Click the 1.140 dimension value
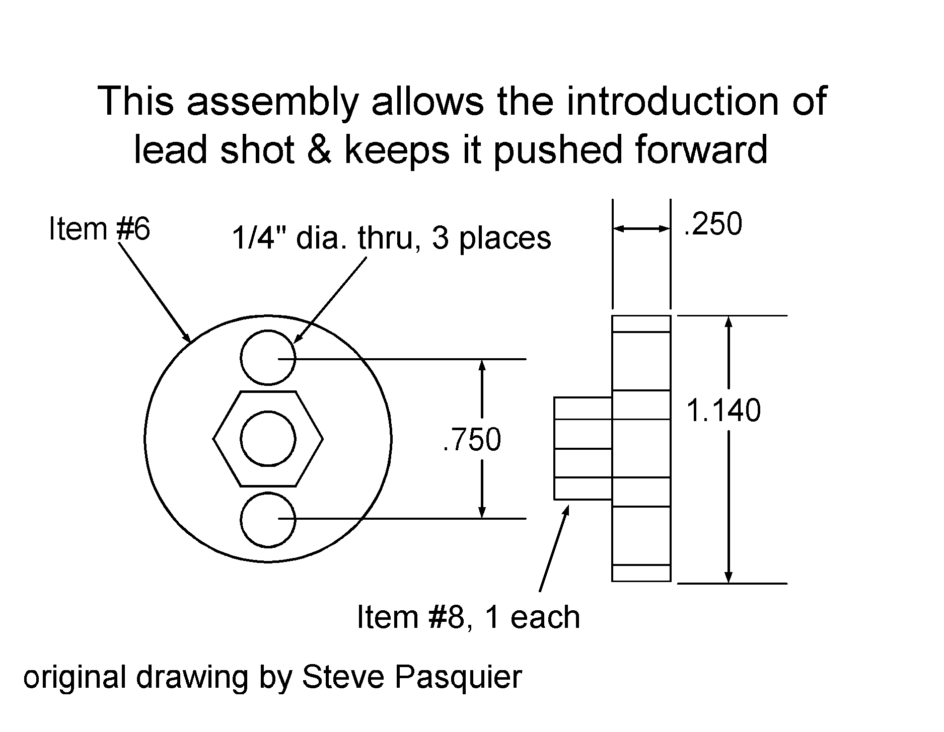tap(723, 411)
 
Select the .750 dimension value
tap(472, 439)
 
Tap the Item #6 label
tap(99, 229)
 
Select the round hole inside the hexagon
tap(268, 439)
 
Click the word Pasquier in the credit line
tap(458, 677)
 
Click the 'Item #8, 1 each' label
tap(468, 617)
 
